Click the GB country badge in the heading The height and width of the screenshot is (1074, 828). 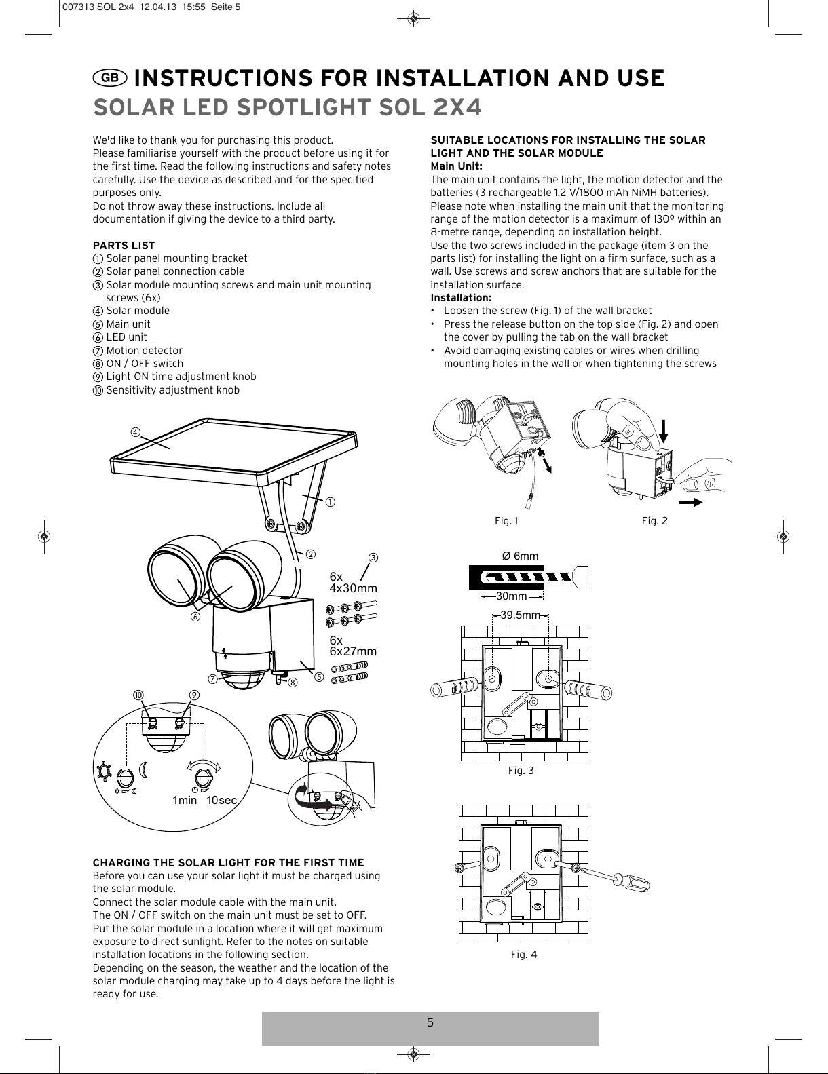tap(110, 78)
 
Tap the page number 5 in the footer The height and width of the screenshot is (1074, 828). tap(430, 1022)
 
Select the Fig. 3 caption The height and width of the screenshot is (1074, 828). tap(521, 770)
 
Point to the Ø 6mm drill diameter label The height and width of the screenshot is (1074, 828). tap(520, 556)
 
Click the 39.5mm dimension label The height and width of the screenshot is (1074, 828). tap(520, 615)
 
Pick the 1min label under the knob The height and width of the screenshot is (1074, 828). tap(185, 800)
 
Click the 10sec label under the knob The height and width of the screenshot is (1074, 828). tap(221, 800)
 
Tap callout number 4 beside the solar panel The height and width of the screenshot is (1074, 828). tap(135, 432)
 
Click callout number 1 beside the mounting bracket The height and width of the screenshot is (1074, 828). tap(331, 502)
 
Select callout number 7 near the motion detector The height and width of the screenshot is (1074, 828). tap(212, 679)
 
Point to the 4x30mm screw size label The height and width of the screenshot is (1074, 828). tap(353, 588)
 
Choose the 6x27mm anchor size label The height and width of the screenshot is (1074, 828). tap(353, 651)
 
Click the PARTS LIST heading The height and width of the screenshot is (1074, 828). tap(124, 245)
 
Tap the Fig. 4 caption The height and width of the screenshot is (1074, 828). tap(523, 955)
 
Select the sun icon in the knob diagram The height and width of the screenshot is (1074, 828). tap(104, 771)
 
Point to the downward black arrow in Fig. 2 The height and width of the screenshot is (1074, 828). tap(663, 431)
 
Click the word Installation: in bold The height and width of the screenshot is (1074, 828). tap(461, 298)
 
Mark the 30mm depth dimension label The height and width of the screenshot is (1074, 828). tap(511, 596)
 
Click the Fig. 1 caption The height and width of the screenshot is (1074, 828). tap(506, 521)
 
